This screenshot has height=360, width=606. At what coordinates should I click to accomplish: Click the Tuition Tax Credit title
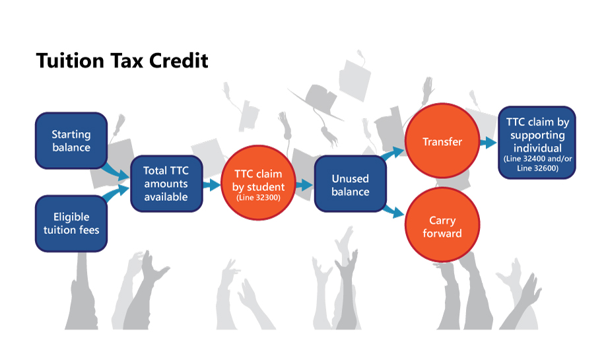[122, 61]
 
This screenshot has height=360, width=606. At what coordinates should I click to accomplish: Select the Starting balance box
[71, 141]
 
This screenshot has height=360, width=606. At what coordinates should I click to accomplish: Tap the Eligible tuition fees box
[71, 223]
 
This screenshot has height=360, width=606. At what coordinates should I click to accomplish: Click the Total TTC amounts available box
[166, 184]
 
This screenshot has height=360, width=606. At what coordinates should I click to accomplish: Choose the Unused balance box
[350, 185]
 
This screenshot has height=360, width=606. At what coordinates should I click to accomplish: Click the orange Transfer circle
[442, 142]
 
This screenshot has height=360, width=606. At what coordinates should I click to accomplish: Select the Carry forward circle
[442, 226]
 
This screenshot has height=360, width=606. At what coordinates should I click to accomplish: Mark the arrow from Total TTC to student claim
[212, 185]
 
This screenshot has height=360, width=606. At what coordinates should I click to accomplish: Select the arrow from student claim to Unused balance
[304, 185]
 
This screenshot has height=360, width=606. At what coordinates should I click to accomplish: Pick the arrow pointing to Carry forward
[394, 211]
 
